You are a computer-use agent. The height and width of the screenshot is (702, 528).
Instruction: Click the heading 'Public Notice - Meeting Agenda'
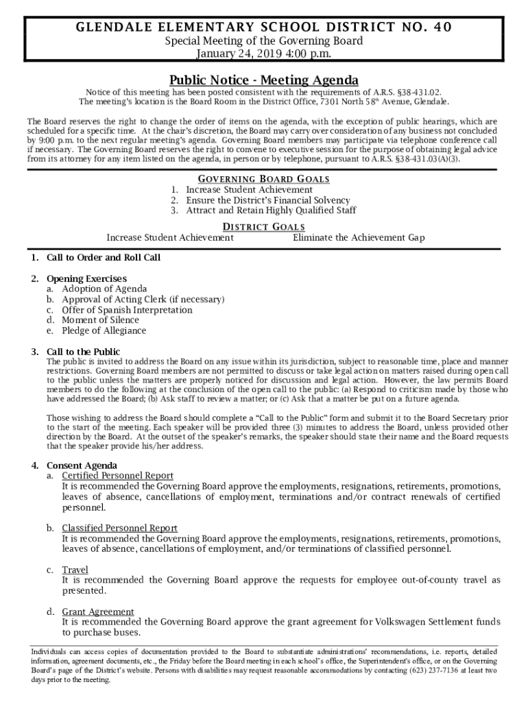point(264,80)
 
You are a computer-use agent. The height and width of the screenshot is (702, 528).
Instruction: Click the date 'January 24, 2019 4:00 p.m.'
point(264,54)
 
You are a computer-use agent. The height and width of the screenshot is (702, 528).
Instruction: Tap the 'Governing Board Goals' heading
point(264,179)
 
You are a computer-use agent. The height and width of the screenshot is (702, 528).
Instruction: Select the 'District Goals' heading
point(264,227)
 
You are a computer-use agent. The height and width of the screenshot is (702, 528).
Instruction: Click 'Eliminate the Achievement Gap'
point(359,238)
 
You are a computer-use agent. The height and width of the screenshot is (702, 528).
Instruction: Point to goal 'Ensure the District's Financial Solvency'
point(268,200)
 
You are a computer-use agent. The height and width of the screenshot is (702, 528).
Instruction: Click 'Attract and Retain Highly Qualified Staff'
point(271,210)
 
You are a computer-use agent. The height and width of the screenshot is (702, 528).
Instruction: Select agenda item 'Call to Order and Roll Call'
point(104,258)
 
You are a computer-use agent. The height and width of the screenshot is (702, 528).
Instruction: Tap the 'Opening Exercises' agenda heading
point(86,279)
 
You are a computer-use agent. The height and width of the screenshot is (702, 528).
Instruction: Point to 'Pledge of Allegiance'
point(104,330)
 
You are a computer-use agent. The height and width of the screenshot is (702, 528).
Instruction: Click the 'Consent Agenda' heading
point(82,465)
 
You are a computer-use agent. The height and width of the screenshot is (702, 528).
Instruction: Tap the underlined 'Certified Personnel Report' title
point(117,476)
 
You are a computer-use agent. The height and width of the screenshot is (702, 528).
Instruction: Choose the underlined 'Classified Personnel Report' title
point(119,528)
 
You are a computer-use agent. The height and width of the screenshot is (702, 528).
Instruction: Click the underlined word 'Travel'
point(75,570)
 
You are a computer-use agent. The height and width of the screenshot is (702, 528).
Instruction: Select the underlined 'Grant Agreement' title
point(98,612)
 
